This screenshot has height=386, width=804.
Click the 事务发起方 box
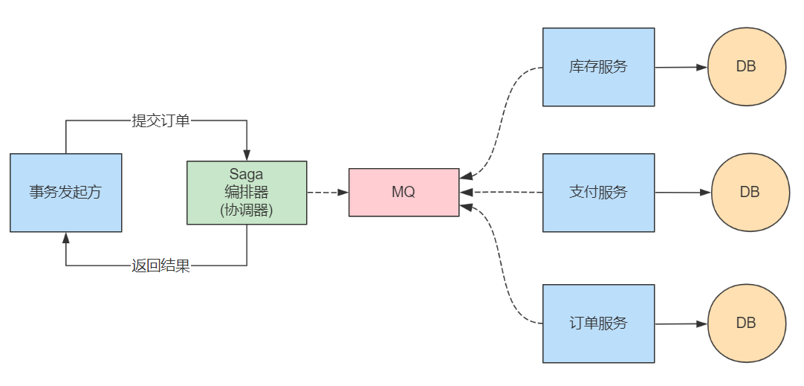65,193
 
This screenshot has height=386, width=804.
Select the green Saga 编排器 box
247,193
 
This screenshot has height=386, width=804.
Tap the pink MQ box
403,193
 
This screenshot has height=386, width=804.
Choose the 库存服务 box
598,67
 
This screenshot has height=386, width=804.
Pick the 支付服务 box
598,193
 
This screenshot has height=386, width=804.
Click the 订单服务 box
598,324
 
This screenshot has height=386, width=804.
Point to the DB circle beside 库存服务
746,67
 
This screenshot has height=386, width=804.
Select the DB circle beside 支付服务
749,193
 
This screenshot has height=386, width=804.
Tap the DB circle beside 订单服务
746,324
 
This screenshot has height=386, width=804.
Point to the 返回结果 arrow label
161,266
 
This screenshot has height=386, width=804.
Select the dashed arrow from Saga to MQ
327,193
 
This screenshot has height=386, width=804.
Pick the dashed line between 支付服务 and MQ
505,193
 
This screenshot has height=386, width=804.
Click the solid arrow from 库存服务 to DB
681,67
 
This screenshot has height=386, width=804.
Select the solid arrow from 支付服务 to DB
682,193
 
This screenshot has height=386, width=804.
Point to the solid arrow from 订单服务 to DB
681,324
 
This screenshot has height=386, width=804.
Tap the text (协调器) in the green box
247,210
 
